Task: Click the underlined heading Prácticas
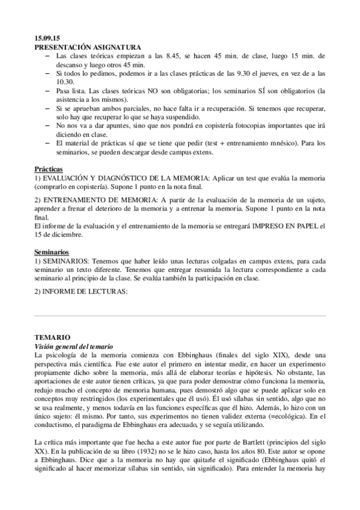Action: click(49, 170)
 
